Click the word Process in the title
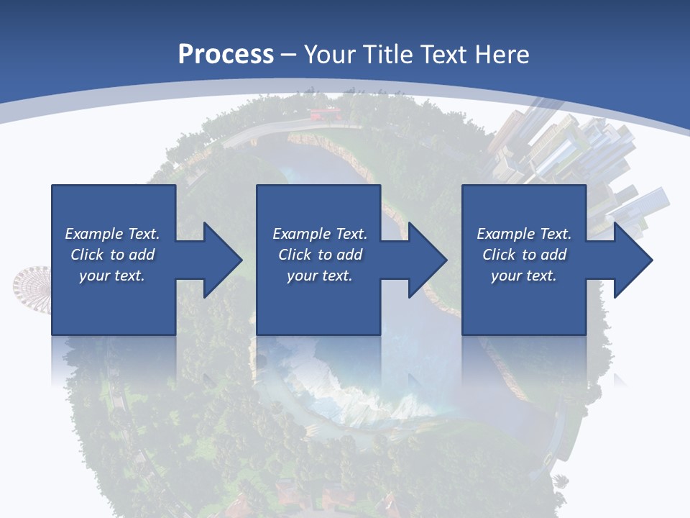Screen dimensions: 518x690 226,54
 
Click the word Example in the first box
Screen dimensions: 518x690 94,234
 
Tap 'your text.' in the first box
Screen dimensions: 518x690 112,276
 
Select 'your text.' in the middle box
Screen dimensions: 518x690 320,276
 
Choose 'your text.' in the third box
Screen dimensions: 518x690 524,276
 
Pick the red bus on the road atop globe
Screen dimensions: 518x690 323,113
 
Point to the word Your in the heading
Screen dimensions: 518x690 329,54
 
